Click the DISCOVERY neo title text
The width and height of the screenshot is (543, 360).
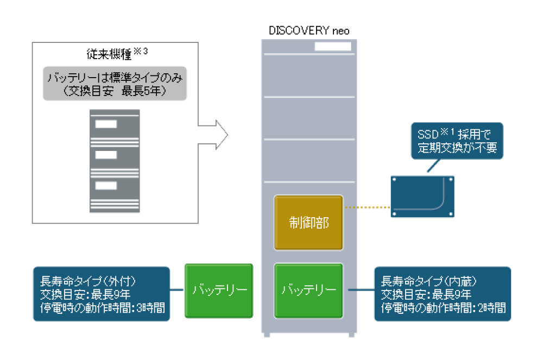coord(309,30)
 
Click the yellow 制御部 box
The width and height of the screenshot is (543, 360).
coord(308,223)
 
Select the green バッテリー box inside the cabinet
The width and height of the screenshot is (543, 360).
coord(308,290)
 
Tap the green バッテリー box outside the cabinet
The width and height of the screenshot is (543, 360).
coord(219,290)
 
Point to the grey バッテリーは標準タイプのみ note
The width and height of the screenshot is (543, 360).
coord(115,84)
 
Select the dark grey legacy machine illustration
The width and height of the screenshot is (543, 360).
coord(115,161)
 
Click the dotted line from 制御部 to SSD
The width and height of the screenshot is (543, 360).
coord(367,207)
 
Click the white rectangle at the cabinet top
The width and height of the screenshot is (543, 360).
coord(332,47)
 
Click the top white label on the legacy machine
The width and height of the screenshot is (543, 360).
coord(106,124)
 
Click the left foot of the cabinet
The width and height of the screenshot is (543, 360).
coord(267,335)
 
